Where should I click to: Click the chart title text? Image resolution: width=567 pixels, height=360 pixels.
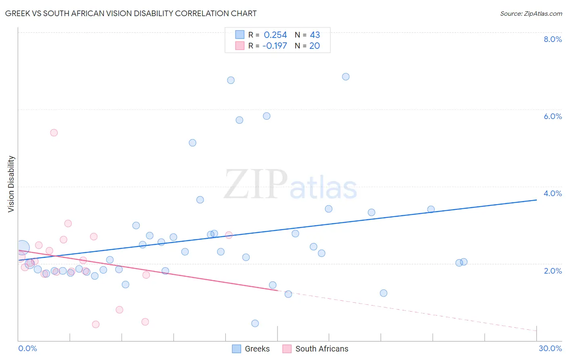(131, 13)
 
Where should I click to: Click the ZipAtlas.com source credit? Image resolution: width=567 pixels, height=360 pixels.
(531, 13)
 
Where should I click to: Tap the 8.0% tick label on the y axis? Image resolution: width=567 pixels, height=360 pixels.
(552, 39)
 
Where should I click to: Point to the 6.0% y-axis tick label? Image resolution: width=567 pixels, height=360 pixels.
(552, 116)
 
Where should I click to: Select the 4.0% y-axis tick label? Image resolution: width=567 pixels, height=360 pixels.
(552, 193)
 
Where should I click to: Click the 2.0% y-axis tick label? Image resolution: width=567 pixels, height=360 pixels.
(552, 271)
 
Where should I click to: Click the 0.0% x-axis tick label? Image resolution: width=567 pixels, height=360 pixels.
(27, 348)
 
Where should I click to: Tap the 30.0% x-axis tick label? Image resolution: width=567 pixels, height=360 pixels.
(550, 348)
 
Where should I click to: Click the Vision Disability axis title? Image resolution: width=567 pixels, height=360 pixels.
(11, 184)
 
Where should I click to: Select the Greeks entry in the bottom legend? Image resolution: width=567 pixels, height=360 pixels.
(257, 349)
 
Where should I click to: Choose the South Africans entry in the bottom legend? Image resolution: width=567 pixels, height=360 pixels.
(321, 349)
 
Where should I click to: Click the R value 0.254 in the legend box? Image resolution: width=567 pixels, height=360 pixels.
(275, 35)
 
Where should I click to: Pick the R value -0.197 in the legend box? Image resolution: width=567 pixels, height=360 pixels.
(274, 46)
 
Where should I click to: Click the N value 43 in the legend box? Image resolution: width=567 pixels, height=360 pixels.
(315, 35)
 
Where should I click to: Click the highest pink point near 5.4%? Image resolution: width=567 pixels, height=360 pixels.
(54, 133)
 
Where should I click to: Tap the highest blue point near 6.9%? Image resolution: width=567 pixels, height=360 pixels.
(346, 77)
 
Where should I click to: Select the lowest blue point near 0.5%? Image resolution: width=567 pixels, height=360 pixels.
(255, 323)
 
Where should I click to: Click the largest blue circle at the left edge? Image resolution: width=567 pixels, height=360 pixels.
(23, 247)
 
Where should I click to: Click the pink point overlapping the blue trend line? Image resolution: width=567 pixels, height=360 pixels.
(229, 235)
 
